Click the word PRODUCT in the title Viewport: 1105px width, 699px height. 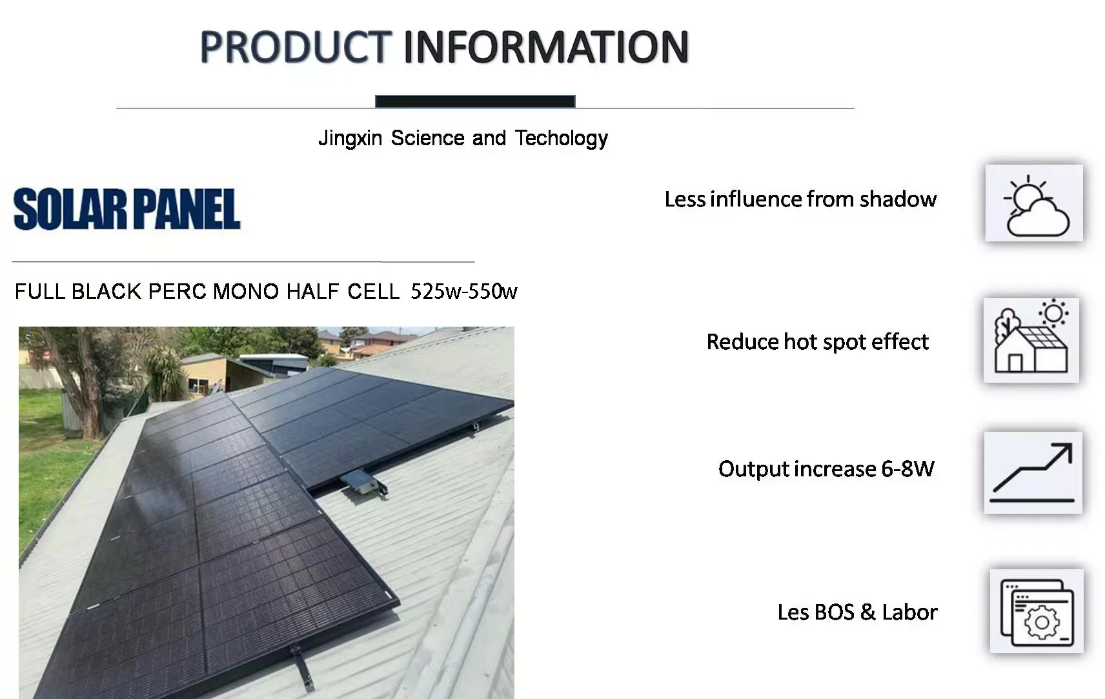coord(295,47)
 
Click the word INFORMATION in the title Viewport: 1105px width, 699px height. coord(546,47)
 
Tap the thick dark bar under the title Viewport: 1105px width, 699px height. coord(475,101)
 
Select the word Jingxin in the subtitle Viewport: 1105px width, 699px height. coord(350,139)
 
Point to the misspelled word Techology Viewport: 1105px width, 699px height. coord(561,139)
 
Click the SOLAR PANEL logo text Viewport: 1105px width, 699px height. coord(127,209)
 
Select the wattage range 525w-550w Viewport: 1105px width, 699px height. coord(463,292)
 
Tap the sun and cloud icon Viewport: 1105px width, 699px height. coord(1034,203)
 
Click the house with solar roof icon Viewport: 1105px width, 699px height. coord(1031,340)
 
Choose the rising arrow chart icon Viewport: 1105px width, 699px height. coord(1033,472)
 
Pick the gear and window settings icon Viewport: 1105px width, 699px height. coord(1037,611)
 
